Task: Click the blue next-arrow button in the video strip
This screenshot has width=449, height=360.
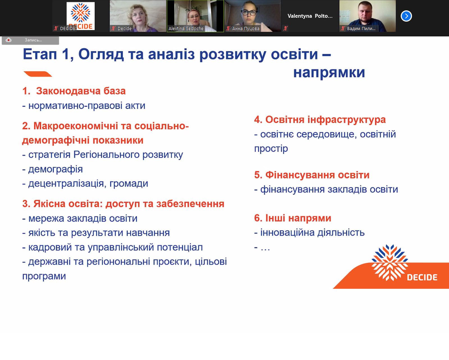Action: click(x=406, y=16)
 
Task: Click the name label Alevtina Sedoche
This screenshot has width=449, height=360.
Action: click(x=186, y=28)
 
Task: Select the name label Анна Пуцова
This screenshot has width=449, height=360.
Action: click(x=246, y=29)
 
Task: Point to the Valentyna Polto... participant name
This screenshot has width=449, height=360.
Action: click(x=310, y=16)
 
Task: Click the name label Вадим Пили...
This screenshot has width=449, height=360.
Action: click(x=361, y=29)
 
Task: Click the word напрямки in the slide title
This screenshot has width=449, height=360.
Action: click(x=329, y=73)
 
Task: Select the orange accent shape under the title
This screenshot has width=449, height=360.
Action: click(x=38, y=74)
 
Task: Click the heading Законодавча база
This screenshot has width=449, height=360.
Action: click(x=81, y=91)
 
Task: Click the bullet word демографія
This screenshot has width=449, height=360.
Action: click(x=56, y=169)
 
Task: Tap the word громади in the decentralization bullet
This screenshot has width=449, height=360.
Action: click(x=129, y=183)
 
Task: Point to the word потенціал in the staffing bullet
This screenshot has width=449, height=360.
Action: click(x=180, y=247)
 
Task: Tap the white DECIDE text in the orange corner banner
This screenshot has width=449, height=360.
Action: click(x=422, y=278)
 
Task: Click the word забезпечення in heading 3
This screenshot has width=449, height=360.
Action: click(x=190, y=204)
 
